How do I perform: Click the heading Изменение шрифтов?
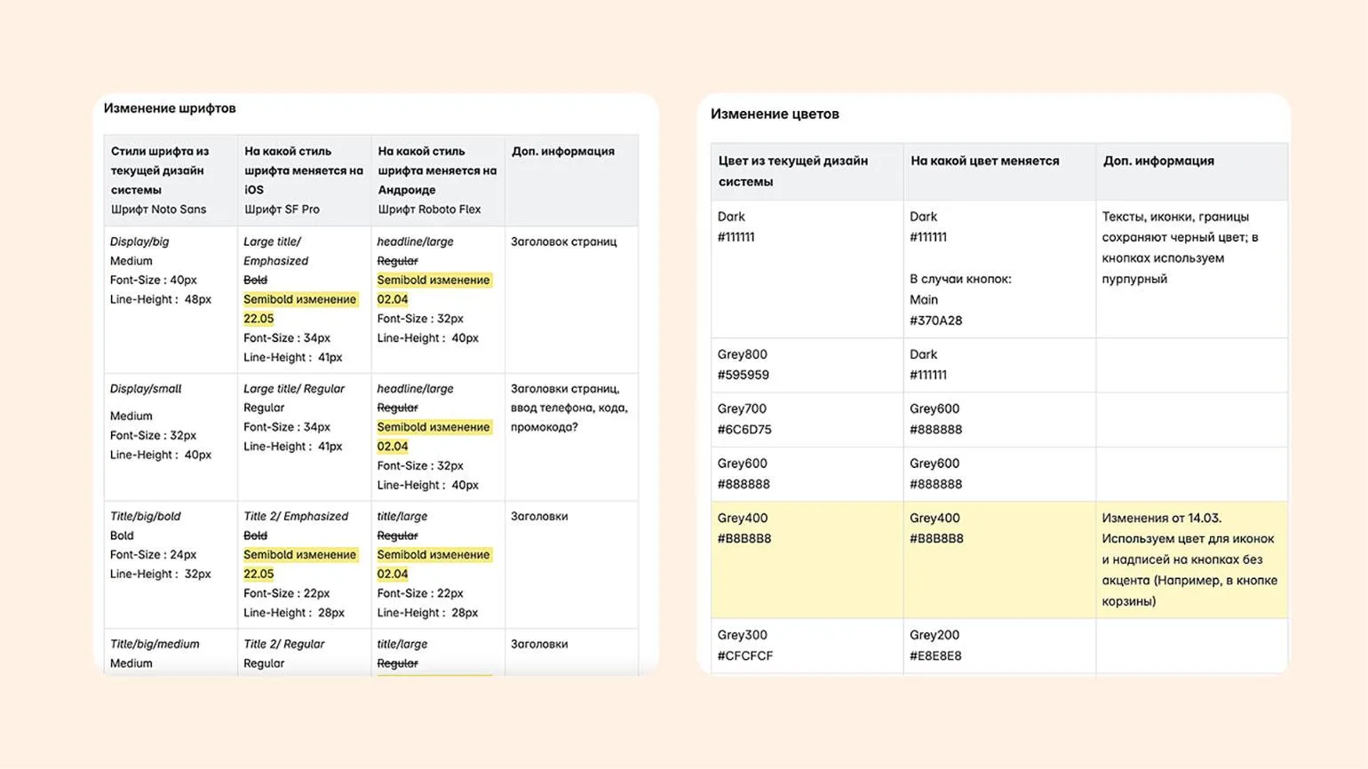[x=170, y=108]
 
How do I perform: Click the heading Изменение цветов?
[x=775, y=114]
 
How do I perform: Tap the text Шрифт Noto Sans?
[x=158, y=210]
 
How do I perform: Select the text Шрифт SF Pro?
[x=282, y=210]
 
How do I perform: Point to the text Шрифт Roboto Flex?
[x=429, y=210]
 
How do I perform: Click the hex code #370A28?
[x=935, y=321]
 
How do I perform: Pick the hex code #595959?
[x=744, y=375]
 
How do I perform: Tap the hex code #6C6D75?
[x=744, y=429]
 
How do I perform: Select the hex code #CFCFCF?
[x=745, y=655]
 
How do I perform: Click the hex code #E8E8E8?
[x=935, y=655]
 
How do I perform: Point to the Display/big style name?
[x=139, y=242]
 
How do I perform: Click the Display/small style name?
[x=146, y=389]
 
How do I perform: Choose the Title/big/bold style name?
[x=146, y=516]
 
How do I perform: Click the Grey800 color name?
[x=742, y=354]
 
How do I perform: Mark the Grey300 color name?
[x=742, y=635]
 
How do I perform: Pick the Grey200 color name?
[x=935, y=635]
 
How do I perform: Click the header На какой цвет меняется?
[x=984, y=161]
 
